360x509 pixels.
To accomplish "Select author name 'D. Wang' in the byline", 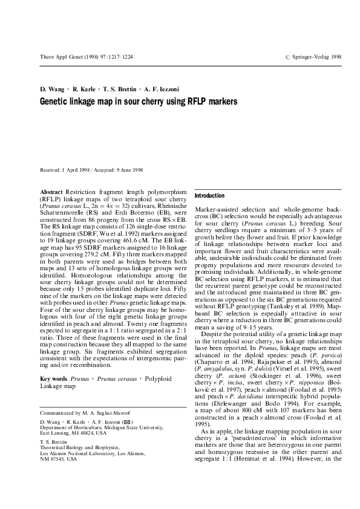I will pos(52,89).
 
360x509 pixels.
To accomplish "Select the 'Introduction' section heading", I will pos(209,196).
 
